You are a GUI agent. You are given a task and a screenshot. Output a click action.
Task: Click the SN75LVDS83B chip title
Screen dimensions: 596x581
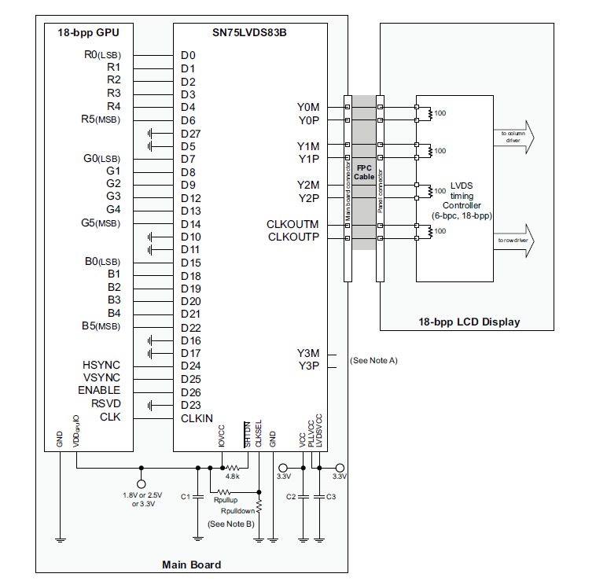(x=249, y=33)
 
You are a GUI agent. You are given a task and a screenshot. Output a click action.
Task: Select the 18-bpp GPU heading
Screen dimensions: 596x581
(x=88, y=33)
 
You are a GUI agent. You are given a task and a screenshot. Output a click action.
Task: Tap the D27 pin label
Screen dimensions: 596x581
(x=191, y=134)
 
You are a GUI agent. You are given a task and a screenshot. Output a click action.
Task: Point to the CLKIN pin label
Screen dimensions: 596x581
(x=197, y=418)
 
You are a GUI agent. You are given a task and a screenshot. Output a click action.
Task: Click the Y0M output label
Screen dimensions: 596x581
(x=308, y=107)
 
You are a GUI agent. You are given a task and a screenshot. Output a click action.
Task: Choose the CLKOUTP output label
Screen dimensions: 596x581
(x=293, y=237)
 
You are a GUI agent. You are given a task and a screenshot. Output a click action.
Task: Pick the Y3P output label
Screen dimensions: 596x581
(x=308, y=366)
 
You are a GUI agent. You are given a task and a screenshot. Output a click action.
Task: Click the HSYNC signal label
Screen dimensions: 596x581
(x=101, y=365)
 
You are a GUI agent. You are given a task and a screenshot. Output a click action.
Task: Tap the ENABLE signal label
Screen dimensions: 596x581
(x=99, y=390)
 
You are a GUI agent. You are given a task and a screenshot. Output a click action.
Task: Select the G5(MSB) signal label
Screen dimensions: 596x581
(x=101, y=223)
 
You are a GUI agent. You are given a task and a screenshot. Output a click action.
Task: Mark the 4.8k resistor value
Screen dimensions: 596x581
(x=232, y=476)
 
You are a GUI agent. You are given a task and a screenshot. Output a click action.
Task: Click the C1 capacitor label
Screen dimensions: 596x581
(x=185, y=497)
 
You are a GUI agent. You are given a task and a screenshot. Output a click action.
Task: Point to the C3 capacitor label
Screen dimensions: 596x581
(x=331, y=497)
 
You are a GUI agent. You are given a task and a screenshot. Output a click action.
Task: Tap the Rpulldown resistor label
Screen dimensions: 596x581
(x=237, y=511)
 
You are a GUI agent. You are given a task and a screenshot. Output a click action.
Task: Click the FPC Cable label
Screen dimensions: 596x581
(x=364, y=172)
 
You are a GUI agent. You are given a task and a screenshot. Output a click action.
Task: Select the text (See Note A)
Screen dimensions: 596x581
(x=373, y=360)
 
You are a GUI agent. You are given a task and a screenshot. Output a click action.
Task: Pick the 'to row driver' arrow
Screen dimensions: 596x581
(x=514, y=241)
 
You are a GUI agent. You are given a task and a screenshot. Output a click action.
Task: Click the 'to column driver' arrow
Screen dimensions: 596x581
(x=514, y=137)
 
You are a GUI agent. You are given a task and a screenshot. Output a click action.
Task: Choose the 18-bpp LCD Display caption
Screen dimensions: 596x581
(x=469, y=322)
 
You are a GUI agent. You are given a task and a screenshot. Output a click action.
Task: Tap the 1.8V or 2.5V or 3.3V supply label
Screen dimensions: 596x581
(x=143, y=500)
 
